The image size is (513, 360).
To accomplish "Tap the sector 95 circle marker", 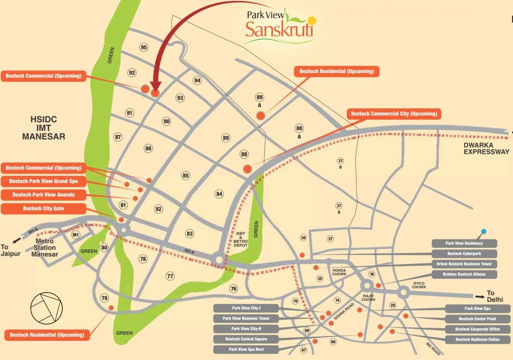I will pos(144,47).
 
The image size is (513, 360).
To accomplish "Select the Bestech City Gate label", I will pos(43,209).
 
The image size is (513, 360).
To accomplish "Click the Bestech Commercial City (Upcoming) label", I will pos(394,114).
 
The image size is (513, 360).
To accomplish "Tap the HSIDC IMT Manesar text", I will pos(43,128).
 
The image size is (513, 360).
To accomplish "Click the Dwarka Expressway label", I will pos(486,149).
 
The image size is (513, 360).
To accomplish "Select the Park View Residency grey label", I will pos(464,243).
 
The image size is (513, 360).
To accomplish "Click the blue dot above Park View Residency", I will pos(483,232).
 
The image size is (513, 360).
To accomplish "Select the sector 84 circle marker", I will pos(219,194).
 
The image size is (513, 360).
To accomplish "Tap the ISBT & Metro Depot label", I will pos(240,240).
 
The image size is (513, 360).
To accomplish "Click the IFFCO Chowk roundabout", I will pos(403,292).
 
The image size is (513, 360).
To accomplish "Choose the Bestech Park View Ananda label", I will pos(43,194).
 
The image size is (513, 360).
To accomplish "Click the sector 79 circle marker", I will pos(104,298).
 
